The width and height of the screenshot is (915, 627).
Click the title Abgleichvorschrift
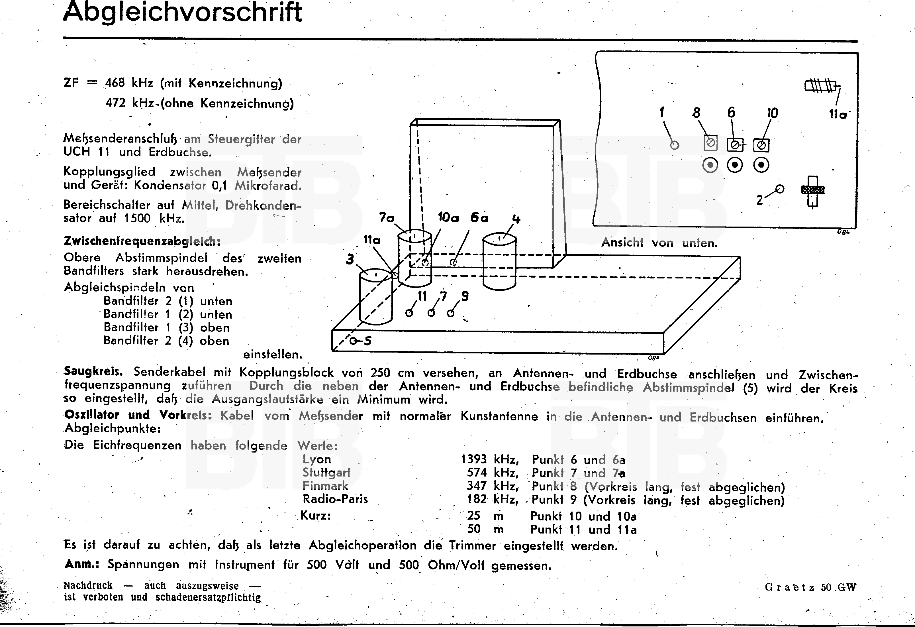(x=182, y=13)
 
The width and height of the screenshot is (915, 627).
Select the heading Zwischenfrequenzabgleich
(x=142, y=241)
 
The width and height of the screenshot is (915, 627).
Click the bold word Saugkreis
(x=93, y=371)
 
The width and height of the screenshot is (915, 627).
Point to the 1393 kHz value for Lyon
(x=489, y=459)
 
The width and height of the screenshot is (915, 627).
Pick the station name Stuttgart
(x=326, y=472)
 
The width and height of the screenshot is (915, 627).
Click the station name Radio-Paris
(x=335, y=499)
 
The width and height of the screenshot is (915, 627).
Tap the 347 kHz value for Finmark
(x=492, y=486)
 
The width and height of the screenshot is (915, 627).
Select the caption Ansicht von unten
(x=659, y=243)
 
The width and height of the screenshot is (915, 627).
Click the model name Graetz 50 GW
(x=810, y=587)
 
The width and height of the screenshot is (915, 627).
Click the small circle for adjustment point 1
(x=675, y=145)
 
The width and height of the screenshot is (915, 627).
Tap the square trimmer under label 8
(x=710, y=142)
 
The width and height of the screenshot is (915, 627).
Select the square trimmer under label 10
(x=761, y=145)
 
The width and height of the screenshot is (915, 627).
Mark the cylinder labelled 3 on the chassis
(x=376, y=297)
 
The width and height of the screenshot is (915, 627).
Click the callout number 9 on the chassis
(x=465, y=296)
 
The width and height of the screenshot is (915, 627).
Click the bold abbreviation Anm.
(x=81, y=564)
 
